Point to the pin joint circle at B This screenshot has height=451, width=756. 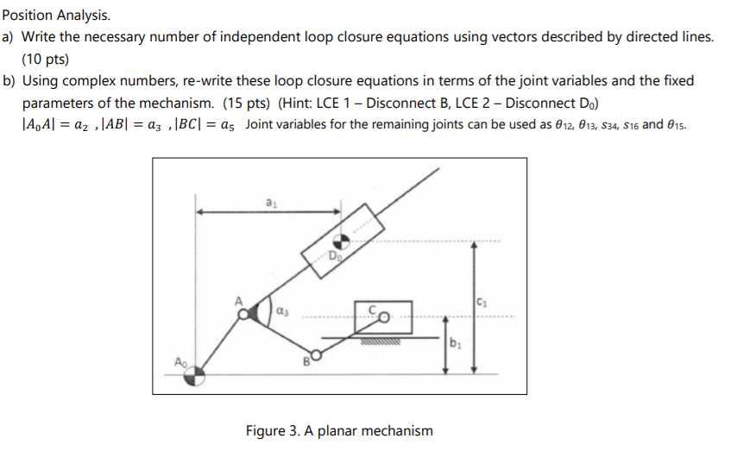(x=316, y=354)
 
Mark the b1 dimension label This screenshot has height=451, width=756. (x=455, y=343)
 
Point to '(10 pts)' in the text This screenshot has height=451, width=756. (x=45, y=60)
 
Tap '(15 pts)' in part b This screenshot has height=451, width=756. (x=248, y=103)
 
